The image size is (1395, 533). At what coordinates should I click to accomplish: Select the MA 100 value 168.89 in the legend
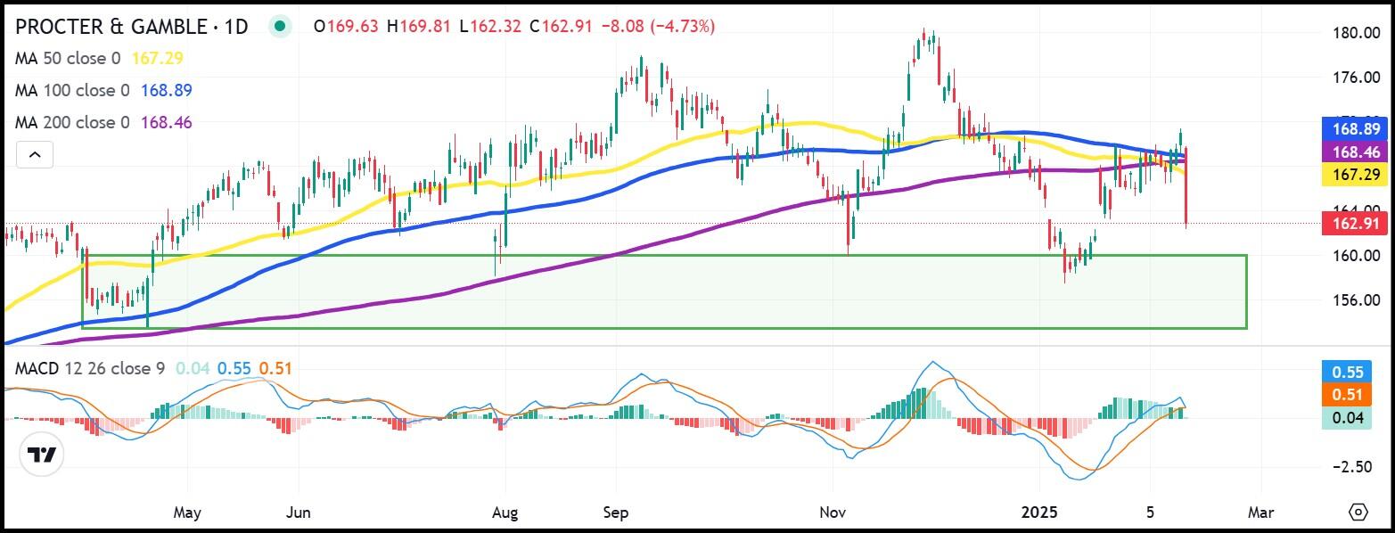161,90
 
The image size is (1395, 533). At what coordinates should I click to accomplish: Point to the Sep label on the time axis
616,512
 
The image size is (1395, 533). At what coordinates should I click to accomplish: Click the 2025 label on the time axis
1038,512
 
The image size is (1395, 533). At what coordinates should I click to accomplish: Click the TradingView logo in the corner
42,456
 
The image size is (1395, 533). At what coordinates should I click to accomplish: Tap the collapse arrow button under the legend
34,155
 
